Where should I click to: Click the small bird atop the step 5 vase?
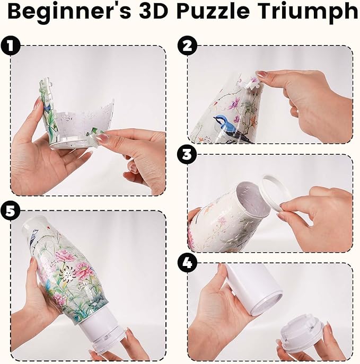(36, 241)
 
